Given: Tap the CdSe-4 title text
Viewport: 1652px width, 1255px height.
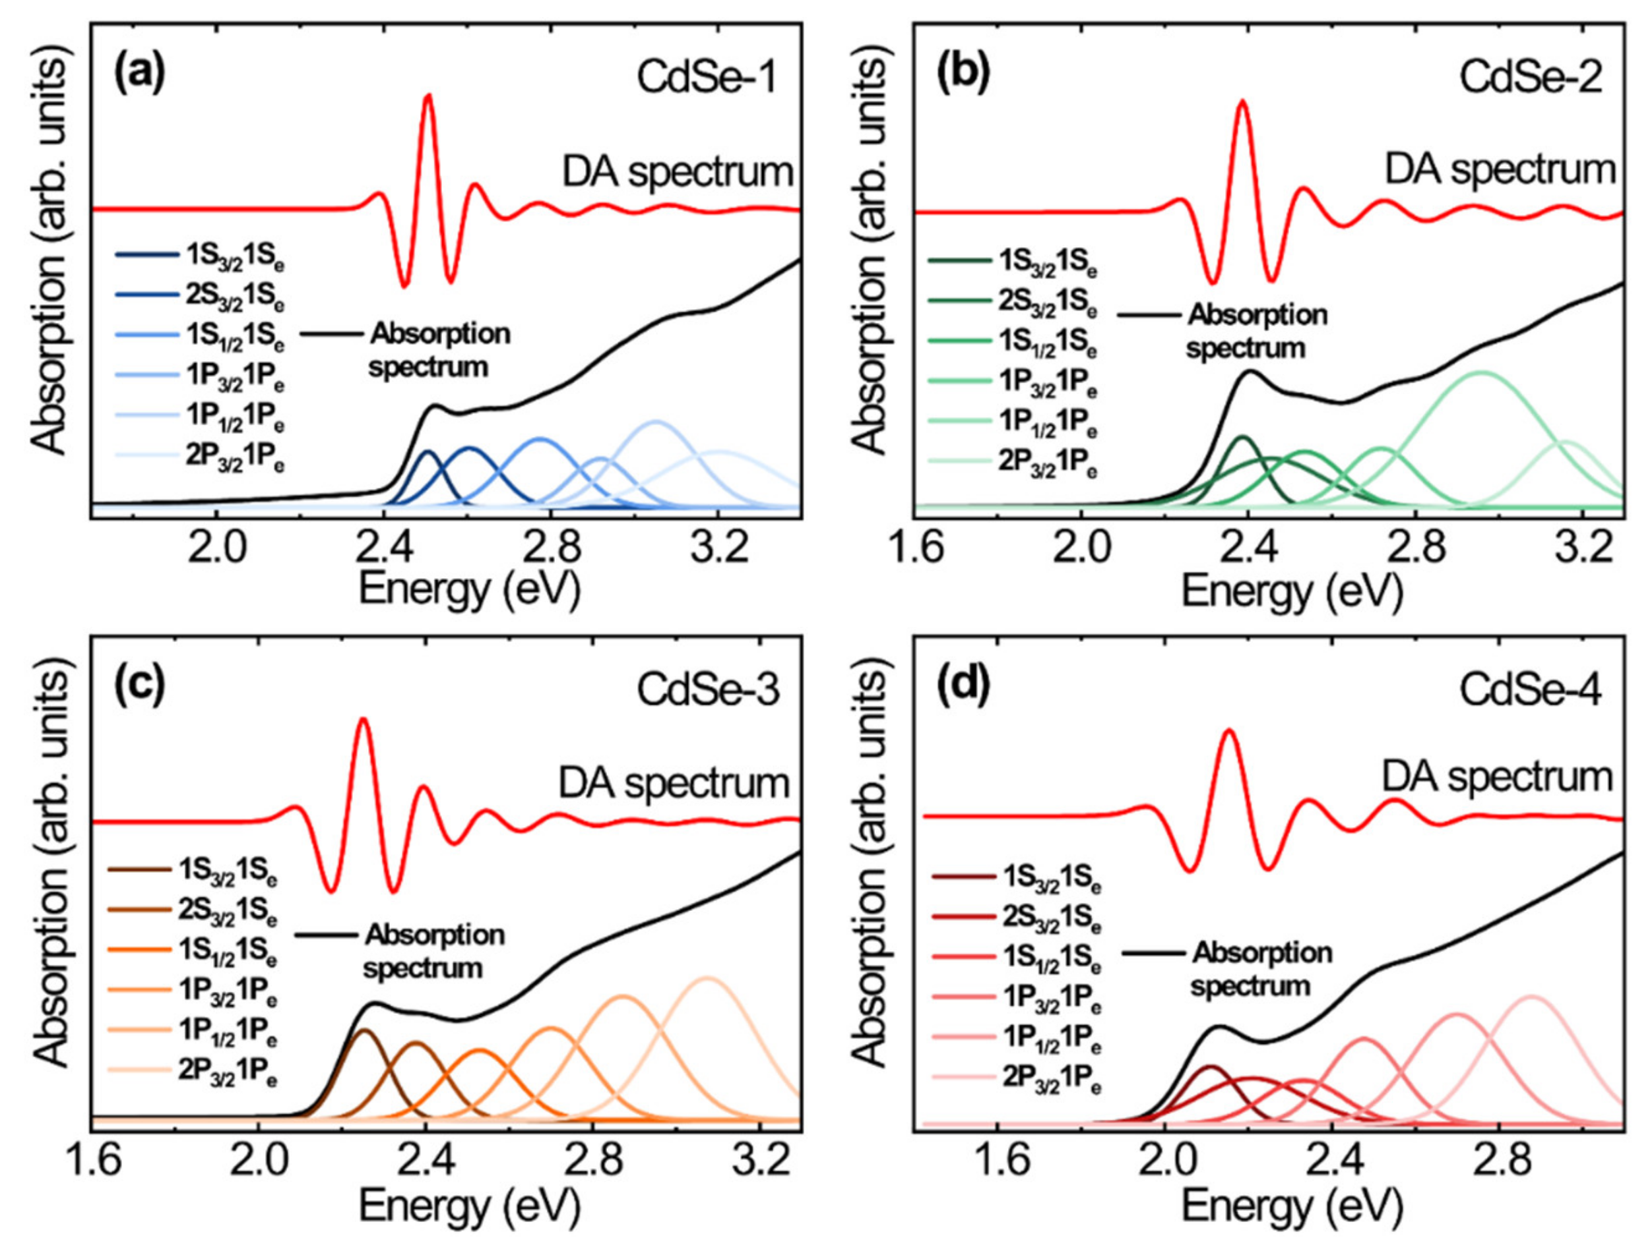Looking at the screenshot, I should click(1530, 691).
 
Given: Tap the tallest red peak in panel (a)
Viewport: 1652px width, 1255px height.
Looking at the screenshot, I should click(428, 96).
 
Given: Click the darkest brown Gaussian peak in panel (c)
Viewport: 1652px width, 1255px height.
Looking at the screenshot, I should click(364, 1030).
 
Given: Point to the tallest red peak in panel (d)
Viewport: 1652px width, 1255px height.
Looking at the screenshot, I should click(1228, 730).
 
